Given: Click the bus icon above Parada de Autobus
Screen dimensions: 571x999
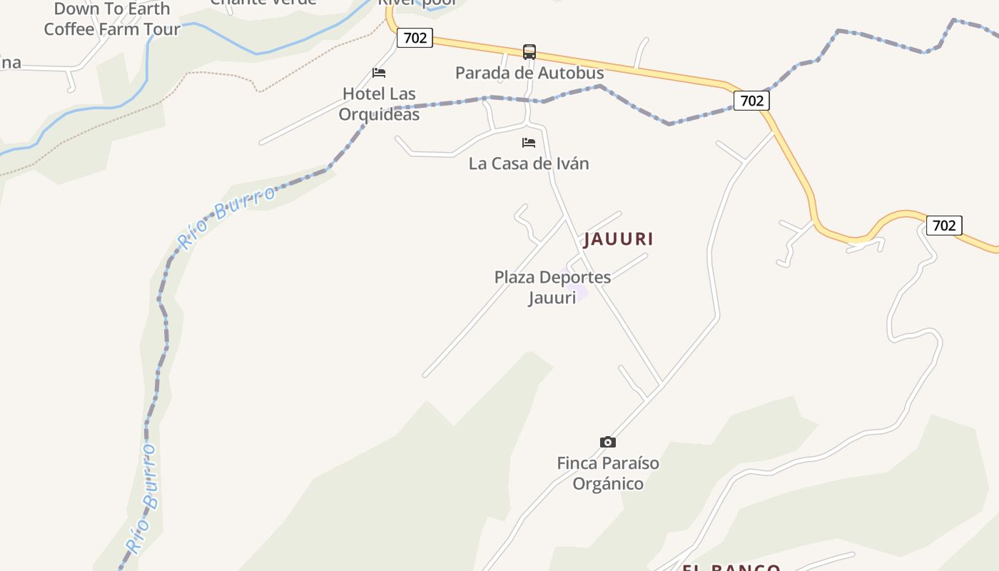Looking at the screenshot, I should click(x=529, y=52).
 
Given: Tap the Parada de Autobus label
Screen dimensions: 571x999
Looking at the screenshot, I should click(x=529, y=73).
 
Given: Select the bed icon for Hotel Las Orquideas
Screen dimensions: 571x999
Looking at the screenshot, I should click(x=379, y=73).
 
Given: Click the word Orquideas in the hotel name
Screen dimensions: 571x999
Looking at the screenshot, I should click(x=379, y=114).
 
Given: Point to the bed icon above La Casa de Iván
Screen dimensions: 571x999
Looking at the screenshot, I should click(x=529, y=143).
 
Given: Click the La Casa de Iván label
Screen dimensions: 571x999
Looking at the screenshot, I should click(x=529, y=163).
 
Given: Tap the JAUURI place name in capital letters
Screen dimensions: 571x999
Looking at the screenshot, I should click(x=619, y=239).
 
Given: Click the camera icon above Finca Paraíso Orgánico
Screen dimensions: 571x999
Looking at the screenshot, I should click(x=608, y=443).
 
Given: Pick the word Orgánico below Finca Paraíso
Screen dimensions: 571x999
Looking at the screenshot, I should click(x=608, y=484).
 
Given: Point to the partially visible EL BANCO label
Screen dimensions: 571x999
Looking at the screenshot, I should click(x=731, y=567).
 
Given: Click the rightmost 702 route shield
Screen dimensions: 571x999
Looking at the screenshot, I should click(x=943, y=226).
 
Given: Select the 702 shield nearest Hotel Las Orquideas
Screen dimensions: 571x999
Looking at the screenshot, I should click(x=415, y=38).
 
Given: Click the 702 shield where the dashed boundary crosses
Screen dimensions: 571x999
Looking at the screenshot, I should click(x=751, y=101).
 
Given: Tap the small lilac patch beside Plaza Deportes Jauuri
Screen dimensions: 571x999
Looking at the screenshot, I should click(x=580, y=292).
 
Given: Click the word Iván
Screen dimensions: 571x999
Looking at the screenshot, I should click(x=571, y=163).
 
